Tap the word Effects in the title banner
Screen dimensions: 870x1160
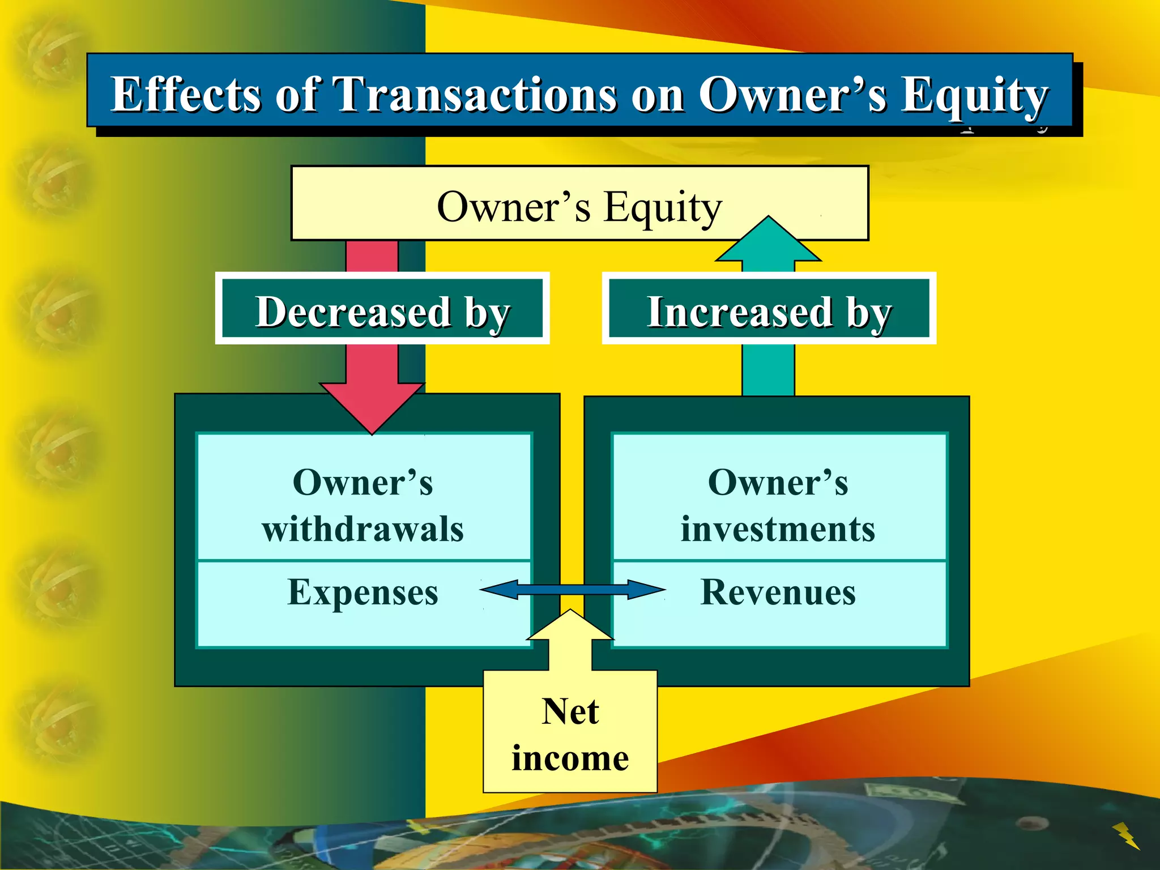click(185, 94)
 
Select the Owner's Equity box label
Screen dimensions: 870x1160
click(579, 207)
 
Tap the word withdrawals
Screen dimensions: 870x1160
click(362, 529)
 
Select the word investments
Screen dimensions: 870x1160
click(778, 529)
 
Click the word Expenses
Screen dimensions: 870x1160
click(362, 592)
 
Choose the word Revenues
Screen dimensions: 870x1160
click(778, 592)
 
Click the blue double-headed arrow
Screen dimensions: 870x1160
click(572, 589)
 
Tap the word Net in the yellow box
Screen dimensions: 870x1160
click(570, 711)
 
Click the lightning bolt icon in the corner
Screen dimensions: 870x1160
click(1126, 835)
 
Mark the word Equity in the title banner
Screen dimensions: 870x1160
click(974, 95)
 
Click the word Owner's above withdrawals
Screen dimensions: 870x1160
click(362, 483)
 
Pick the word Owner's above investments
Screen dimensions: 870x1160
click(778, 483)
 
